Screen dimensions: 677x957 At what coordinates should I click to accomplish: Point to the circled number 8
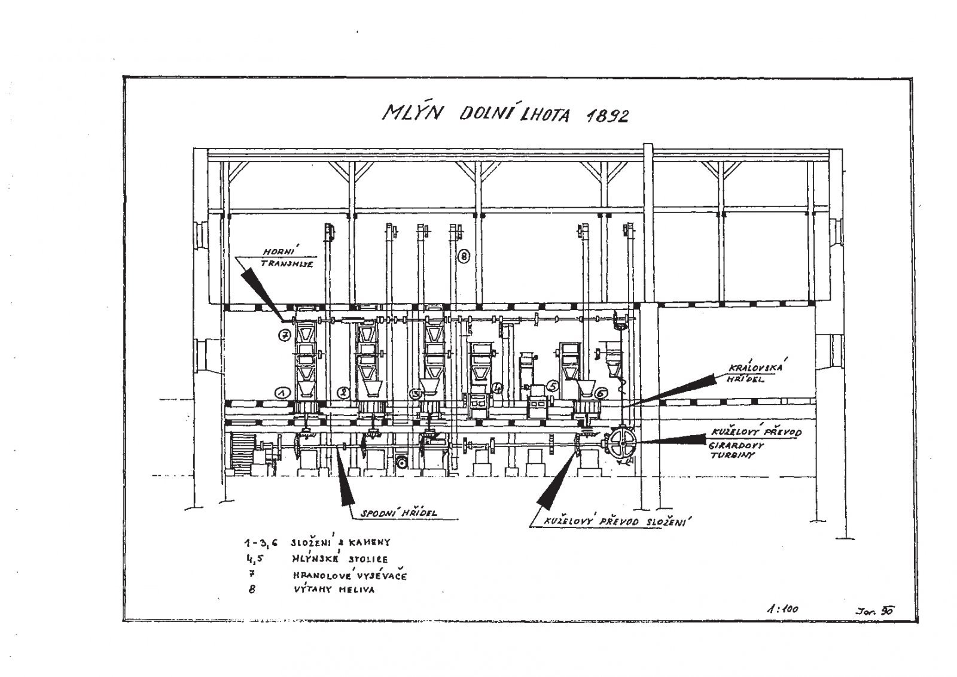tap(464, 257)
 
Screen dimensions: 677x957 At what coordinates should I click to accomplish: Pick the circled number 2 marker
tap(343, 393)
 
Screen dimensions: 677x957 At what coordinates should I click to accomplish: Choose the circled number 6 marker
tap(602, 393)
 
